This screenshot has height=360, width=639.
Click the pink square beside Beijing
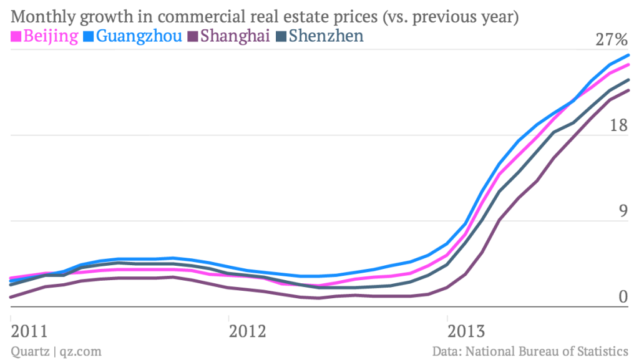coord(16,36)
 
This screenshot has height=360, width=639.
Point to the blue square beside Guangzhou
coord(89,36)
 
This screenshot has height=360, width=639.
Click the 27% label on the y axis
coord(612,40)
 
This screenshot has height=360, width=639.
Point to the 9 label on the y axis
coord(622,212)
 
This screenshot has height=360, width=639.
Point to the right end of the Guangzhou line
coord(628,55)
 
